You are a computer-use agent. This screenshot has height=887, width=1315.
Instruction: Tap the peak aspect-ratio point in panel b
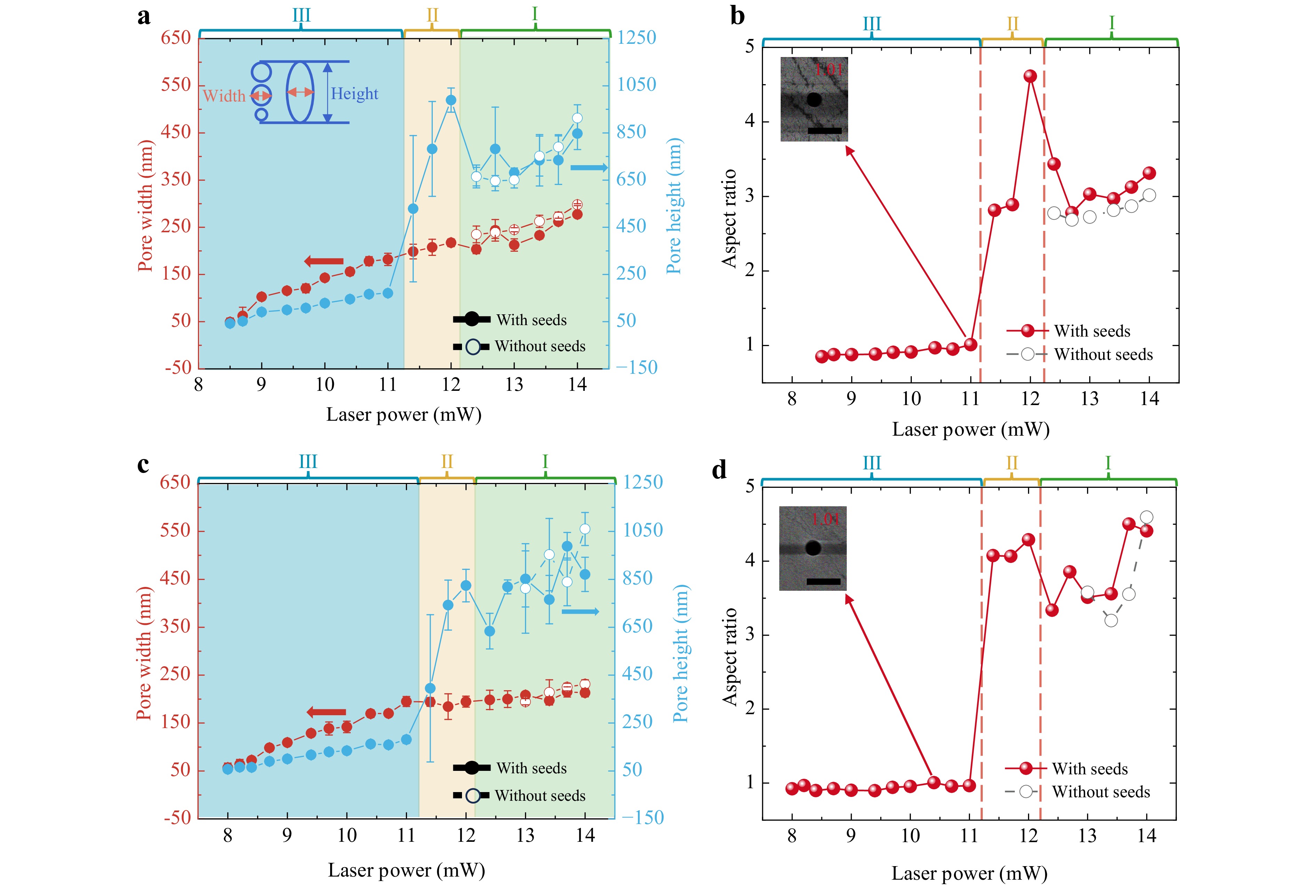coord(1030,76)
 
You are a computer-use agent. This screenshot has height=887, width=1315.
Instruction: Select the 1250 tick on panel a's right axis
coord(637,37)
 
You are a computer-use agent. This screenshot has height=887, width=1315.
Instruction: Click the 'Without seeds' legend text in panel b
coord(1103,355)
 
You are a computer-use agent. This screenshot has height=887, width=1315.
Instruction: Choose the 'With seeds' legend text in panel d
coord(1090,769)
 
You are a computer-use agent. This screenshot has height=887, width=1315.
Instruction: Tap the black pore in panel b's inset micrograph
coord(814,99)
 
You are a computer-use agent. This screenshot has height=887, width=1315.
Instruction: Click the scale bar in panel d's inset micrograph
coord(823,581)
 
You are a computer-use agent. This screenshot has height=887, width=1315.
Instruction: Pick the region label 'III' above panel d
coord(871,463)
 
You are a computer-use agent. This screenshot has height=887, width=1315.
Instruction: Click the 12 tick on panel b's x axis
coord(1030,399)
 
